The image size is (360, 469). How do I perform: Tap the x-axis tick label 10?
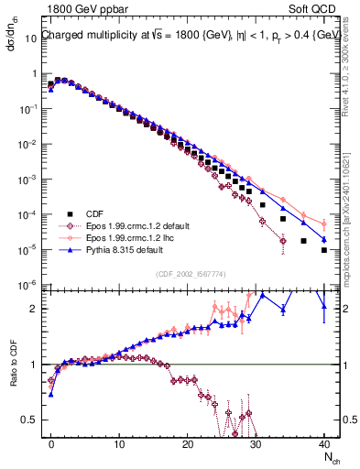[119, 444]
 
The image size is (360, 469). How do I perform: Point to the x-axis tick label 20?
[187, 444]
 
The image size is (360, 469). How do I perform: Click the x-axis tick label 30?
[256, 444]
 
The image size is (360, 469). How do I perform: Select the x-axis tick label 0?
[51, 444]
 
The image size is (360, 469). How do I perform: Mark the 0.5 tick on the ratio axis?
[34, 420]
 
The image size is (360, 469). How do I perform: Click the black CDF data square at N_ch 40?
[324, 249]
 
